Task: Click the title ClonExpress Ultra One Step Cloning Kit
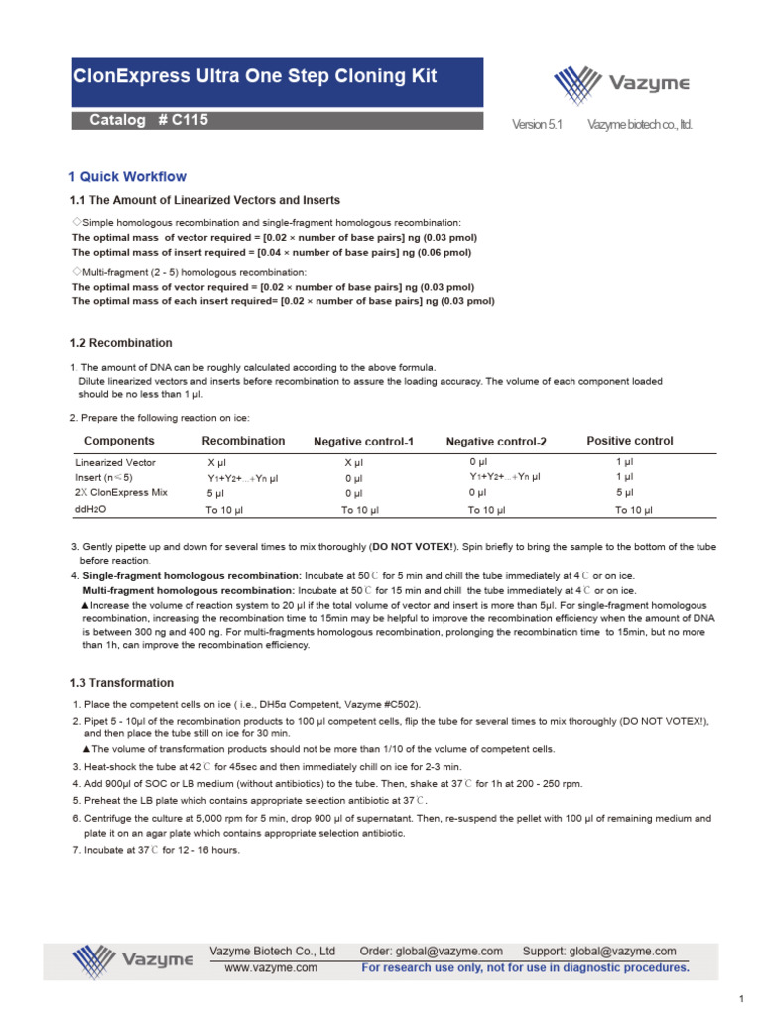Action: [256, 76]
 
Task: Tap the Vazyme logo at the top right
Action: [621, 83]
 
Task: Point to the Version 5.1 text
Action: [536, 125]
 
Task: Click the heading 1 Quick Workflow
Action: [127, 177]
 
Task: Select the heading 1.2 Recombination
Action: [120, 343]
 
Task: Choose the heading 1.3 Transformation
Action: [121, 683]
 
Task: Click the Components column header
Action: [119, 441]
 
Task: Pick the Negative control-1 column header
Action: [363, 442]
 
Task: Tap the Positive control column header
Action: [629, 441]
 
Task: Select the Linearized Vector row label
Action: [115, 463]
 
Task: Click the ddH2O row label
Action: [90, 510]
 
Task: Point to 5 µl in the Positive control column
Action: [624, 493]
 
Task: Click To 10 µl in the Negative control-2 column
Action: [487, 510]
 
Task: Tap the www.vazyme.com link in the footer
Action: [271, 967]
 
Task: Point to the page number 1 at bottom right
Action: [741, 998]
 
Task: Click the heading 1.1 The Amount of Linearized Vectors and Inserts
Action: [204, 200]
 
